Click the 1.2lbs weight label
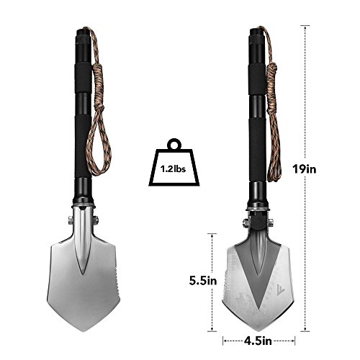173,169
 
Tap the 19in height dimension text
304,169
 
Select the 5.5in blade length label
203,281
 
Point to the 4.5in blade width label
258,341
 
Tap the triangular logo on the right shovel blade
280,289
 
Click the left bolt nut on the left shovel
71,220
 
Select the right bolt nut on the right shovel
271,223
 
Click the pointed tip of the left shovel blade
84,331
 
